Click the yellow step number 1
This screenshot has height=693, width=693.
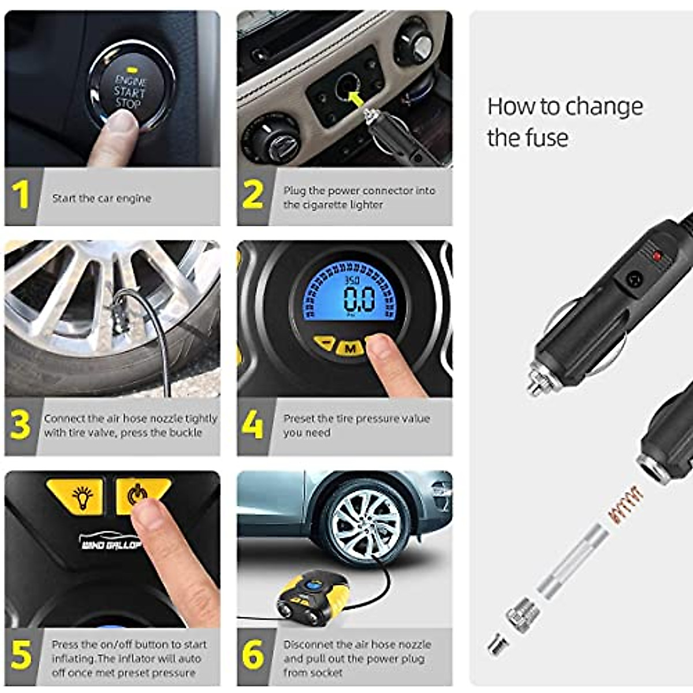(21, 195)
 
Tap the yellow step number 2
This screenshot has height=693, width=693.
(253, 195)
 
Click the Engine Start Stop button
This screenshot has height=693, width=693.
(130, 91)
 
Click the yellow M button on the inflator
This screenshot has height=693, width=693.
(349, 348)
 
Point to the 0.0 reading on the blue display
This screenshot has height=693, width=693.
(359, 299)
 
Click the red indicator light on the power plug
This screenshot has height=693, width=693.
(657, 255)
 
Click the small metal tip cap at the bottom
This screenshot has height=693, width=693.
(495, 643)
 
